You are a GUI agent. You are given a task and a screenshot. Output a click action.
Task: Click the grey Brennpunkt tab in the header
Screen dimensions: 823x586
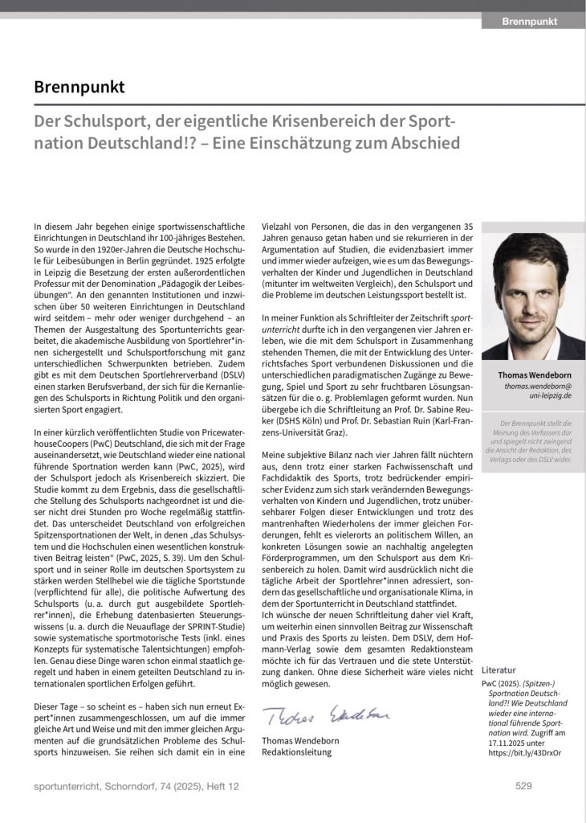530,22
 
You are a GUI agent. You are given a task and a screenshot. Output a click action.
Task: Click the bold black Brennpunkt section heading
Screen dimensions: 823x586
79,86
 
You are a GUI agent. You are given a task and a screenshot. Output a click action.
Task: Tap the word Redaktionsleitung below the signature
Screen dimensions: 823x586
296,752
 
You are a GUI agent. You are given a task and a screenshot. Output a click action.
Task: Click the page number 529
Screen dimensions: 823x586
523,786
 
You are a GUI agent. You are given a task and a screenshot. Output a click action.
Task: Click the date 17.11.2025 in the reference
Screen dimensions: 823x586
503,742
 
